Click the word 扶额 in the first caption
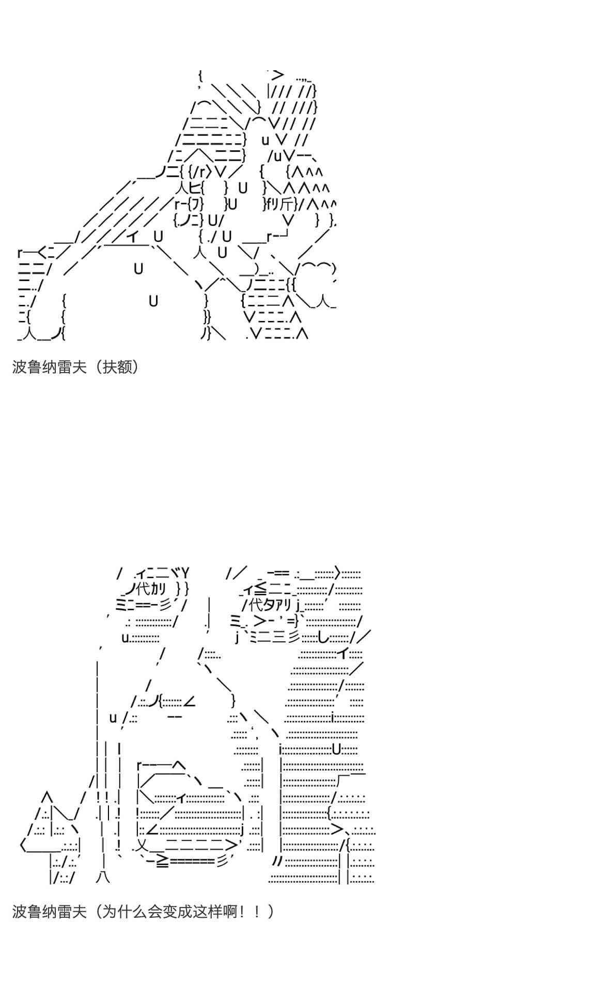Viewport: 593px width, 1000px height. (117, 367)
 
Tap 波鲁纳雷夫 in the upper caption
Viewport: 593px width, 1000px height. (49, 367)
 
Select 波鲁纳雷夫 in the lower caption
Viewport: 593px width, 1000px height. (49, 911)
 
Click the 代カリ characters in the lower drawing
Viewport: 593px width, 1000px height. (151, 589)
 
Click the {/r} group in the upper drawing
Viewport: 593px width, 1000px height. (200, 171)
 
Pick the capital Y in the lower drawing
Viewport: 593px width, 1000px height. (184, 573)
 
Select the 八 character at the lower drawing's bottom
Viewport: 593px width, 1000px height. (103, 876)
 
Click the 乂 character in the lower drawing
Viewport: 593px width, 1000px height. (143, 846)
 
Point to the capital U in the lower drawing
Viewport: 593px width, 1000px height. (337, 749)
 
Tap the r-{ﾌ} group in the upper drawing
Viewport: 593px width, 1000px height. (185, 204)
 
